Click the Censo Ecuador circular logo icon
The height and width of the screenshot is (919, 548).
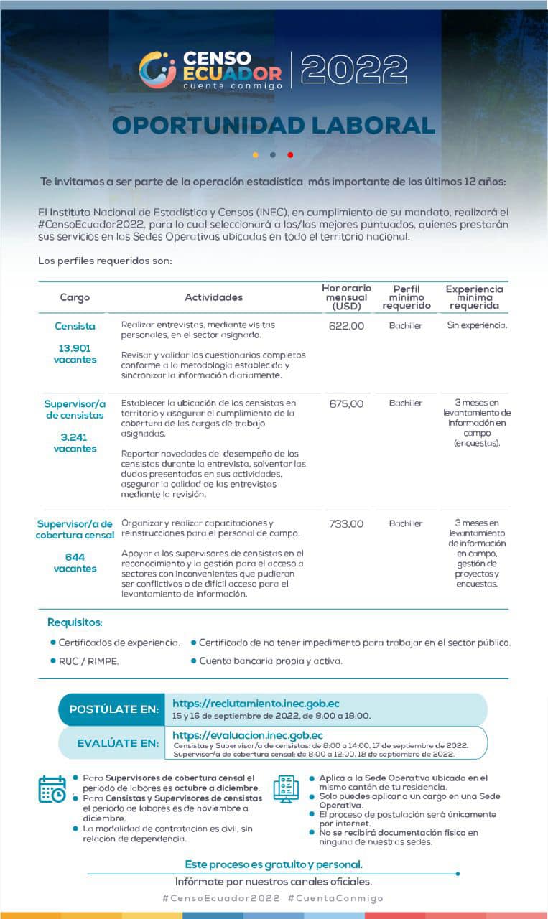[x=157, y=70]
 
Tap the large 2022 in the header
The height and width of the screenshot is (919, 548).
[x=354, y=70]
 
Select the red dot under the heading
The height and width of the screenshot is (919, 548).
[x=290, y=154]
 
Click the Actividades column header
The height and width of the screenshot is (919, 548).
[x=213, y=297]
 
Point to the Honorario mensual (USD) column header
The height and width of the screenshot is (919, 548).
[x=346, y=297]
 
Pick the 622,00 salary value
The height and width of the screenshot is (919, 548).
[x=346, y=326]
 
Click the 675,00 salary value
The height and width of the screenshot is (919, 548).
[x=346, y=403]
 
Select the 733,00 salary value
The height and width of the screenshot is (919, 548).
[x=346, y=524]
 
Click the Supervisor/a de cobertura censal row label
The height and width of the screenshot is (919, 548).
[x=75, y=529]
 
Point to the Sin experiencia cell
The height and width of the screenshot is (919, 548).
[x=477, y=326]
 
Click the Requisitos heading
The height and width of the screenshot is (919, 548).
[x=75, y=622]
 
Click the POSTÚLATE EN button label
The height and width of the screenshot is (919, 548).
[x=113, y=709]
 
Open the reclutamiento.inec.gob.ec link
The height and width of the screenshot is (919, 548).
[x=256, y=704]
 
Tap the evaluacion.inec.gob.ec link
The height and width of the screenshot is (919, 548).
[x=247, y=735]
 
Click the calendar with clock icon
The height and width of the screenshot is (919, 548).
[x=52, y=789]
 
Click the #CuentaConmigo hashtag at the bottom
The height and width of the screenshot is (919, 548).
[x=335, y=898]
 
